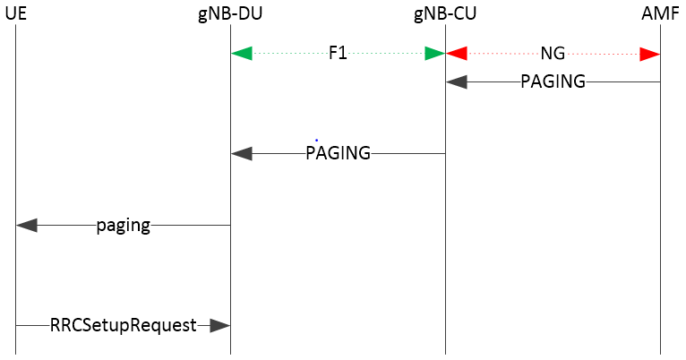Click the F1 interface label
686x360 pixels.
[x=338, y=54]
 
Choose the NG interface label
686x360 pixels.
[x=553, y=54]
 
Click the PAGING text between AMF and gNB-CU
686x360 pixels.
[x=553, y=81]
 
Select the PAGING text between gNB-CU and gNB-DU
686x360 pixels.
[x=338, y=153]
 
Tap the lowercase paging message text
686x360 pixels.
[x=123, y=226]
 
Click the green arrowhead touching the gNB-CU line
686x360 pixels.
[x=434, y=54]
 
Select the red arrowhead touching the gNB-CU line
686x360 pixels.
[x=457, y=54]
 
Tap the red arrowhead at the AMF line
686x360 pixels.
[x=650, y=54]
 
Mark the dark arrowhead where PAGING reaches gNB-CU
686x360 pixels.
[x=457, y=81]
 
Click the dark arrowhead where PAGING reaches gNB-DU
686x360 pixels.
[x=242, y=153]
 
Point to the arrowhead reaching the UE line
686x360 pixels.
[x=27, y=226]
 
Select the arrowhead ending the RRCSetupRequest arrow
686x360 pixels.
[x=219, y=326]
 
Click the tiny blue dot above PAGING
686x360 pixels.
[x=316, y=140]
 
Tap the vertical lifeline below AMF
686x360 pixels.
[x=661, y=224]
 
